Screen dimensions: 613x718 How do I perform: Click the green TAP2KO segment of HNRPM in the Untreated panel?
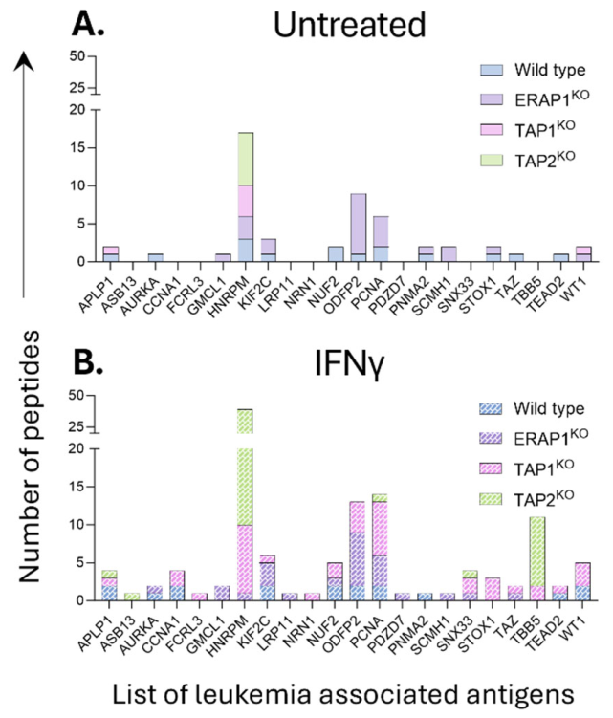point(246,160)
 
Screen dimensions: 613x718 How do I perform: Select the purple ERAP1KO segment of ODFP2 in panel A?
point(359,224)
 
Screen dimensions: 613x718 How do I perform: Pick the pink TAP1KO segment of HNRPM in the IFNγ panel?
point(245,558)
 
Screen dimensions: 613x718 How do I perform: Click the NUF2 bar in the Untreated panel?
point(336,254)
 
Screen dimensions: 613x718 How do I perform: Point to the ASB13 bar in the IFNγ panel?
point(132,597)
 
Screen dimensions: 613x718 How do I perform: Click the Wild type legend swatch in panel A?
point(492,70)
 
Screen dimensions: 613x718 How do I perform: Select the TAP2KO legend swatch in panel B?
point(491,499)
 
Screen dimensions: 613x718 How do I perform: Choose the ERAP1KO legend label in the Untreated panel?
point(552,98)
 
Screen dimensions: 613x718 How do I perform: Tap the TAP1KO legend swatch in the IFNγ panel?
point(491,468)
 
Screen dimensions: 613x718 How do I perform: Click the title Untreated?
point(350,25)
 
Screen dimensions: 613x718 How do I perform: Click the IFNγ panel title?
point(349,365)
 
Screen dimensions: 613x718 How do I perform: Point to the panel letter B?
point(88,363)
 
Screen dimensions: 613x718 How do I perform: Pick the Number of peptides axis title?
point(31,457)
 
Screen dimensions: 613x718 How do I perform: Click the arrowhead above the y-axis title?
point(24,61)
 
